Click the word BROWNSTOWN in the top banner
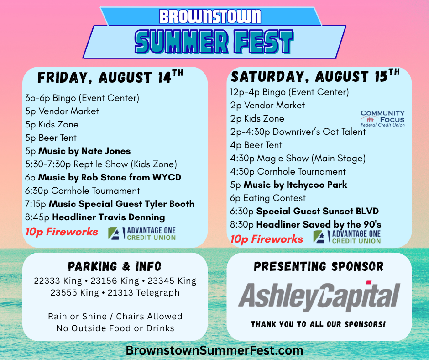[x=210, y=16]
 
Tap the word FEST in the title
[x=263, y=42]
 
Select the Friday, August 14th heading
[x=110, y=77]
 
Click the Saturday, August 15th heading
[x=315, y=76]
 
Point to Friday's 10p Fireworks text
[x=62, y=232]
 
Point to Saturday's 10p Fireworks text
[x=267, y=239]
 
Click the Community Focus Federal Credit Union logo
[x=382, y=119]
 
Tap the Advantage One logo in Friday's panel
[x=142, y=234]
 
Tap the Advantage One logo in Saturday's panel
[x=347, y=237]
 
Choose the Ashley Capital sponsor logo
[x=319, y=296]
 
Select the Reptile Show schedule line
[x=101, y=164]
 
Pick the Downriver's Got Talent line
[x=298, y=132]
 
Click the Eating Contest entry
[x=268, y=198]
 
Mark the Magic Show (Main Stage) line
[x=298, y=159]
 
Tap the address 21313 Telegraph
[x=143, y=293]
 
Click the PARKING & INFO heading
[x=115, y=266]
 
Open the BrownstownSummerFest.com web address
[x=214, y=350]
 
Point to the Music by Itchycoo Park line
[x=288, y=185]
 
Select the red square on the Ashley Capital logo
[x=369, y=282]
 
